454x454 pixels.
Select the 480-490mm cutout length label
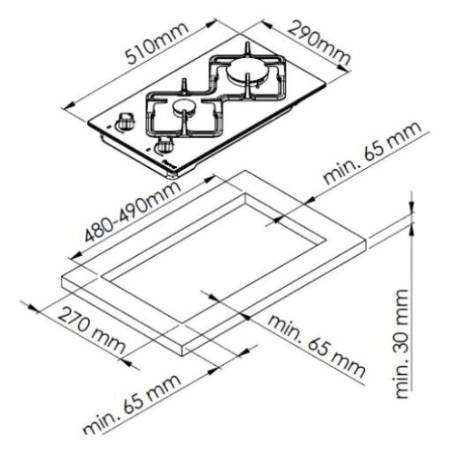133,212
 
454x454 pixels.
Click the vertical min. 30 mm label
402,344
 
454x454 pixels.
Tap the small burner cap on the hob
185,107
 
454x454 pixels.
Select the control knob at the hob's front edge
164,144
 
